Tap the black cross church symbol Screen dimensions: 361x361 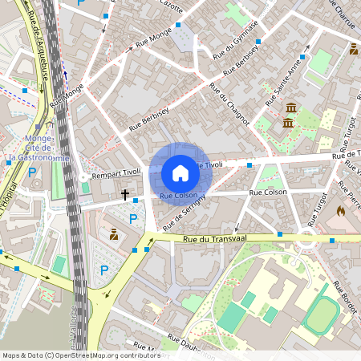[x=124, y=194]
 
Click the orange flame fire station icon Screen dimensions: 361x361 [x=340, y=211]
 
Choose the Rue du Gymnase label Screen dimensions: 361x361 [x=234, y=39]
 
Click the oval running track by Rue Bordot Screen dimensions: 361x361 [x=322, y=315]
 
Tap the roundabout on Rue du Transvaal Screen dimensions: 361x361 [x=306, y=237]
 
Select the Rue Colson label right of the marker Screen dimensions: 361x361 [x=267, y=193]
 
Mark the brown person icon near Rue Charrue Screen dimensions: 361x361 [x=354, y=50]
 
